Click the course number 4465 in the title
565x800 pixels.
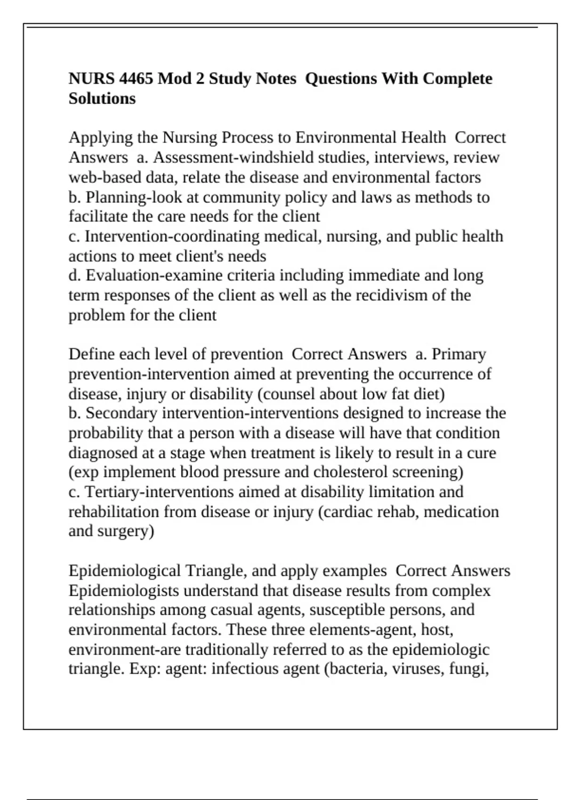pos(136,79)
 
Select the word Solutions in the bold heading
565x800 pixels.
pos(102,99)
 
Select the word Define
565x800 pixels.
pos(92,354)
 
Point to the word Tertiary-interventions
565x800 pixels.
pos(159,492)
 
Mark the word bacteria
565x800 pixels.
pos(355,669)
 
